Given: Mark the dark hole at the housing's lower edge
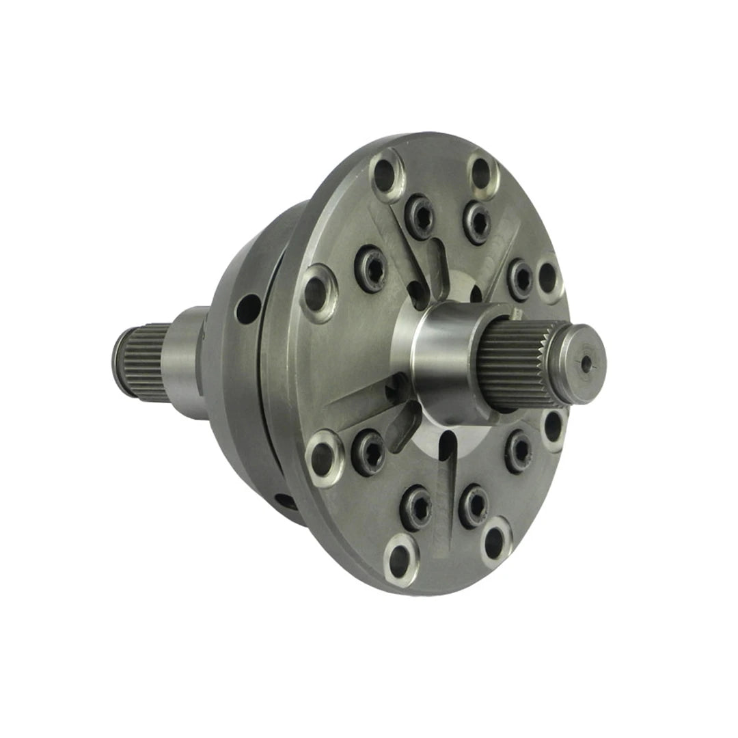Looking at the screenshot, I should click(284, 502).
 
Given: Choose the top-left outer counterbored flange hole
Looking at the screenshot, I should click(387, 175).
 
